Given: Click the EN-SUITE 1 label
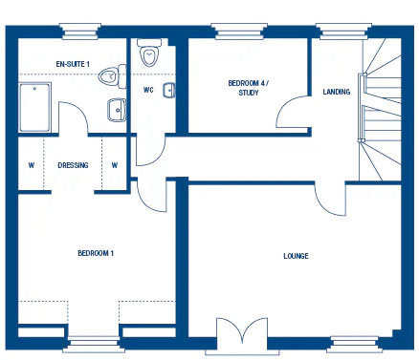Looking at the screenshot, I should [x=73, y=63].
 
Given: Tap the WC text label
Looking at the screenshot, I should [x=148, y=91].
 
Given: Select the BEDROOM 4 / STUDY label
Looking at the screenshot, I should [x=248, y=88].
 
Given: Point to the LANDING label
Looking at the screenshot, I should [x=337, y=92].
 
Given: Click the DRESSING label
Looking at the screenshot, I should [x=73, y=165].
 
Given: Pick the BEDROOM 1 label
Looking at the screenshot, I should [x=96, y=253].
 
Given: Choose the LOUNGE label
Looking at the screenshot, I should [x=296, y=256].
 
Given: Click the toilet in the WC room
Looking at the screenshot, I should [x=149, y=55].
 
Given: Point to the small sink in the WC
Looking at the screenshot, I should [x=170, y=91].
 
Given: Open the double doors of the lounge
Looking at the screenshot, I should [x=238, y=336].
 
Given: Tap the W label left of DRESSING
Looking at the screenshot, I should [x=31, y=165].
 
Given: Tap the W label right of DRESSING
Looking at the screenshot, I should [x=114, y=165].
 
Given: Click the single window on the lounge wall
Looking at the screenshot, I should [x=355, y=339].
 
